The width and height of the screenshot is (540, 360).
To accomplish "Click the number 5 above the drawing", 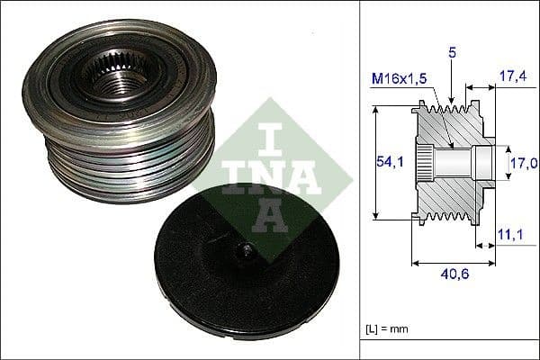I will (x=453, y=54).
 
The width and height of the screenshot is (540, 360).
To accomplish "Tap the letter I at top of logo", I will (x=267, y=132).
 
